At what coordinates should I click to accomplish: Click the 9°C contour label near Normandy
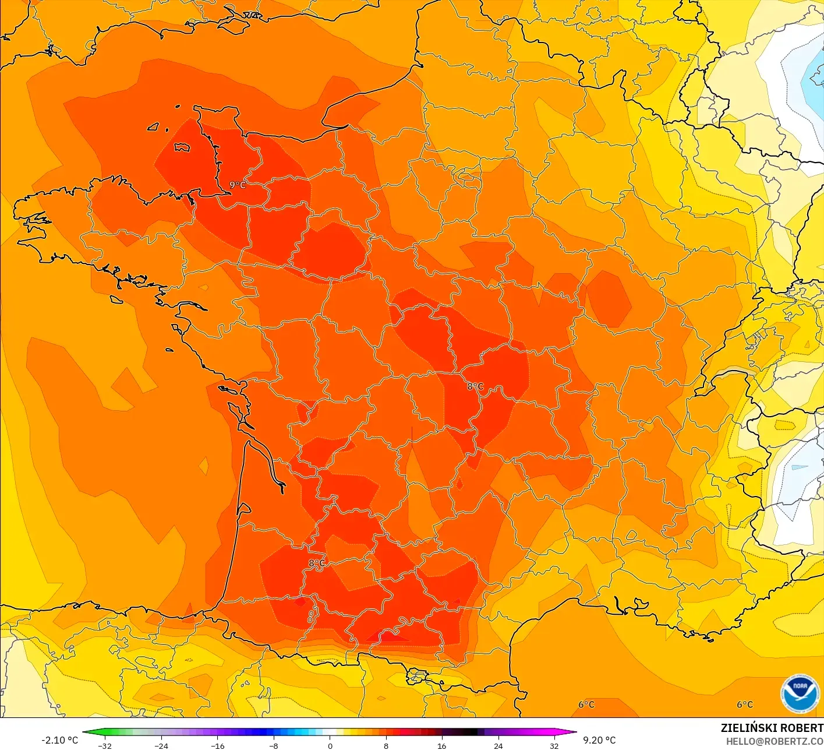point(238,185)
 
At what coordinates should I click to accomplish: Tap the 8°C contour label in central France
point(475,386)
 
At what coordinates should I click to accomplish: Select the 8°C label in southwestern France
point(317,563)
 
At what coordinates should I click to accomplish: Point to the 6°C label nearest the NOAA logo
point(745,705)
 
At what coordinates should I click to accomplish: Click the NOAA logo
point(799,694)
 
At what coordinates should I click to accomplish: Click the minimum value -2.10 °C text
point(59,740)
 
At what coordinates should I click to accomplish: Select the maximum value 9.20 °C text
point(599,740)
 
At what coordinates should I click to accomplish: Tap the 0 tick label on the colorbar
point(330,746)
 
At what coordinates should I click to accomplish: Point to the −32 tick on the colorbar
point(105,746)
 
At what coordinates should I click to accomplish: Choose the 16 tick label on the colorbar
point(442,746)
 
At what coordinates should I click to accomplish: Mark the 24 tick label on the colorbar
point(498,746)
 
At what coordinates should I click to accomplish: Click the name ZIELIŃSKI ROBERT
point(772,728)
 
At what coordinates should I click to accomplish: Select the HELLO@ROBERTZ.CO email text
point(775,742)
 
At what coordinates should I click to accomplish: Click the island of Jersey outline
point(182,147)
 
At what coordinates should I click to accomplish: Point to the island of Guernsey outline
point(154,126)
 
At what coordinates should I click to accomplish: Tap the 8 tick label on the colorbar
point(386,746)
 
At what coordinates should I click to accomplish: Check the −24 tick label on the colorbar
point(161,746)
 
